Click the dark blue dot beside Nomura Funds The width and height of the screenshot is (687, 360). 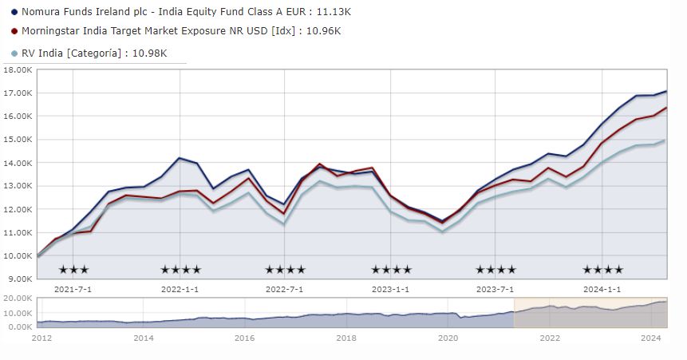14,13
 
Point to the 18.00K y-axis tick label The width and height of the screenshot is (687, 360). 17,70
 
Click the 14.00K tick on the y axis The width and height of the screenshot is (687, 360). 17,163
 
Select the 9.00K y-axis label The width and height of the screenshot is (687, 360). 18,279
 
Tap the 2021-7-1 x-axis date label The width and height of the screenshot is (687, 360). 73,289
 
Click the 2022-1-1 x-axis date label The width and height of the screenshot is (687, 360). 180,289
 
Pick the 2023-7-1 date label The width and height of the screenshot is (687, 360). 496,289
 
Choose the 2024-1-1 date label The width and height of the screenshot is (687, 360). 602,289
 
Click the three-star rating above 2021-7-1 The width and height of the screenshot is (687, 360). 74,270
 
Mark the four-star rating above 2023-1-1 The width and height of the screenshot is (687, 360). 391,270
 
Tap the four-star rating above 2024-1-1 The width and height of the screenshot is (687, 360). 602,270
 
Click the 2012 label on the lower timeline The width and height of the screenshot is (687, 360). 42,338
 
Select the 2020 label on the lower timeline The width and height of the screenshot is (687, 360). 448,338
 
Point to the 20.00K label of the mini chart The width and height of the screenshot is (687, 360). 17,298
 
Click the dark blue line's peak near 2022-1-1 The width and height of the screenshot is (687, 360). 180,158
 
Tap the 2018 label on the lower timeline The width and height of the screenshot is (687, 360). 346,338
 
